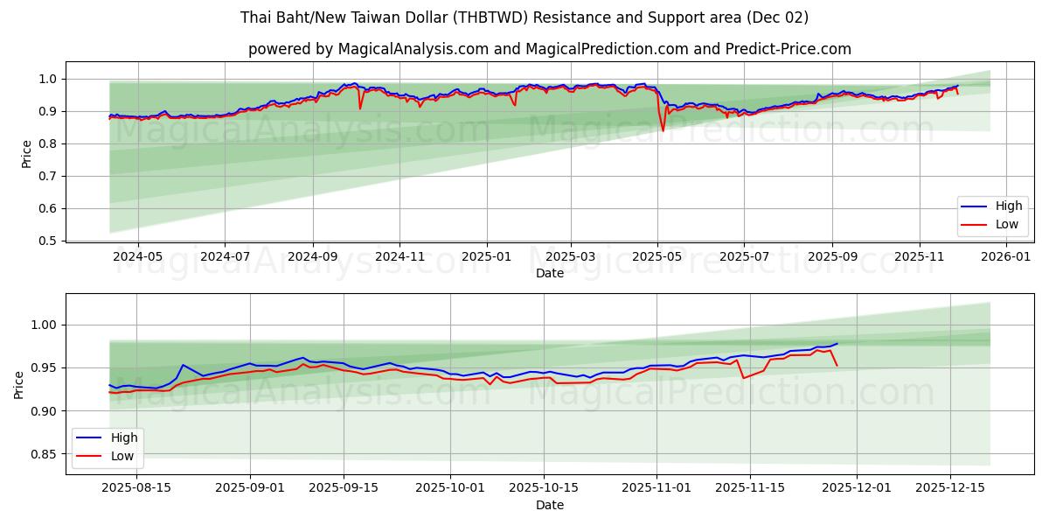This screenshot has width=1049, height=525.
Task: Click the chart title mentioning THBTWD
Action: tap(524, 17)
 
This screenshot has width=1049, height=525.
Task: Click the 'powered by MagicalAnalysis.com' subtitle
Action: tap(549, 49)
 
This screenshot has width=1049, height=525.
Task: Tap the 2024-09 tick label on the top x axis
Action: tap(312, 257)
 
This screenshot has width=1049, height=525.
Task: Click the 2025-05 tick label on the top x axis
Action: tap(657, 257)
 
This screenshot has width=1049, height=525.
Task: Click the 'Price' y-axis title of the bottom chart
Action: tap(19, 384)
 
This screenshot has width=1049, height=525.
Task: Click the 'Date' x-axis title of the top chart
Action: tap(549, 273)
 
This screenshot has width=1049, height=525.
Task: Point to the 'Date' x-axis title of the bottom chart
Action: tap(549, 505)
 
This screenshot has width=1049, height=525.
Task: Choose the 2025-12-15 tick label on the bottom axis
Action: tap(948, 488)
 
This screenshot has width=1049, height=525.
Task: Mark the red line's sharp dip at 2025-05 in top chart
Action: tap(663, 130)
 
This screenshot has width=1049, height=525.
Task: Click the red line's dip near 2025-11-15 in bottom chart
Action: tap(743, 378)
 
